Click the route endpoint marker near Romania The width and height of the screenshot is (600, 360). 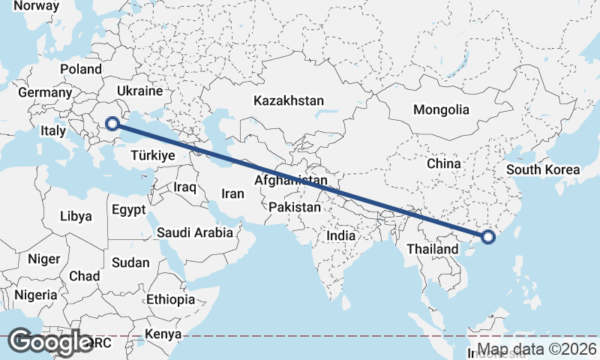(x=112, y=124)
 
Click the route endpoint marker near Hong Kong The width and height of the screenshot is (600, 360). (x=488, y=238)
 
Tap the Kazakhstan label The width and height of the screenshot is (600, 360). (x=289, y=100)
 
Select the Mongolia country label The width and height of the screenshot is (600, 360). (x=441, y=109)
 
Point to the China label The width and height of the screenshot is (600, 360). (x=442, y=163)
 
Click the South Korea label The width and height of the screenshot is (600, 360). (x=543, y=169)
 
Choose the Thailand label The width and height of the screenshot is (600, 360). (x=433, y=249)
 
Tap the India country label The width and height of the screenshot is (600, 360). (x=340, y=235)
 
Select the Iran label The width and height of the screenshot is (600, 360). (x=233, y=193)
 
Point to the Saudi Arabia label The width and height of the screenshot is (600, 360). (x=195, y=232)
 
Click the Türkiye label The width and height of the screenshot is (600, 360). (x=152, y=155)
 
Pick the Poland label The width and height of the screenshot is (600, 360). (x=81, y=69)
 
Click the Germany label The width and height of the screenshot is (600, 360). (x=44, y=93)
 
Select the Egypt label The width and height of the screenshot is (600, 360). (x=128, y=210)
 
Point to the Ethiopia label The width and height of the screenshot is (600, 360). (x=170, y=299)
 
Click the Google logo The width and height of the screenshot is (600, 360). (x=51, y=343)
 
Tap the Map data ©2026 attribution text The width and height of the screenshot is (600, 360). (x=537, y=349)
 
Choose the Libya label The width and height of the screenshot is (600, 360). (x=76, y=216)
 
